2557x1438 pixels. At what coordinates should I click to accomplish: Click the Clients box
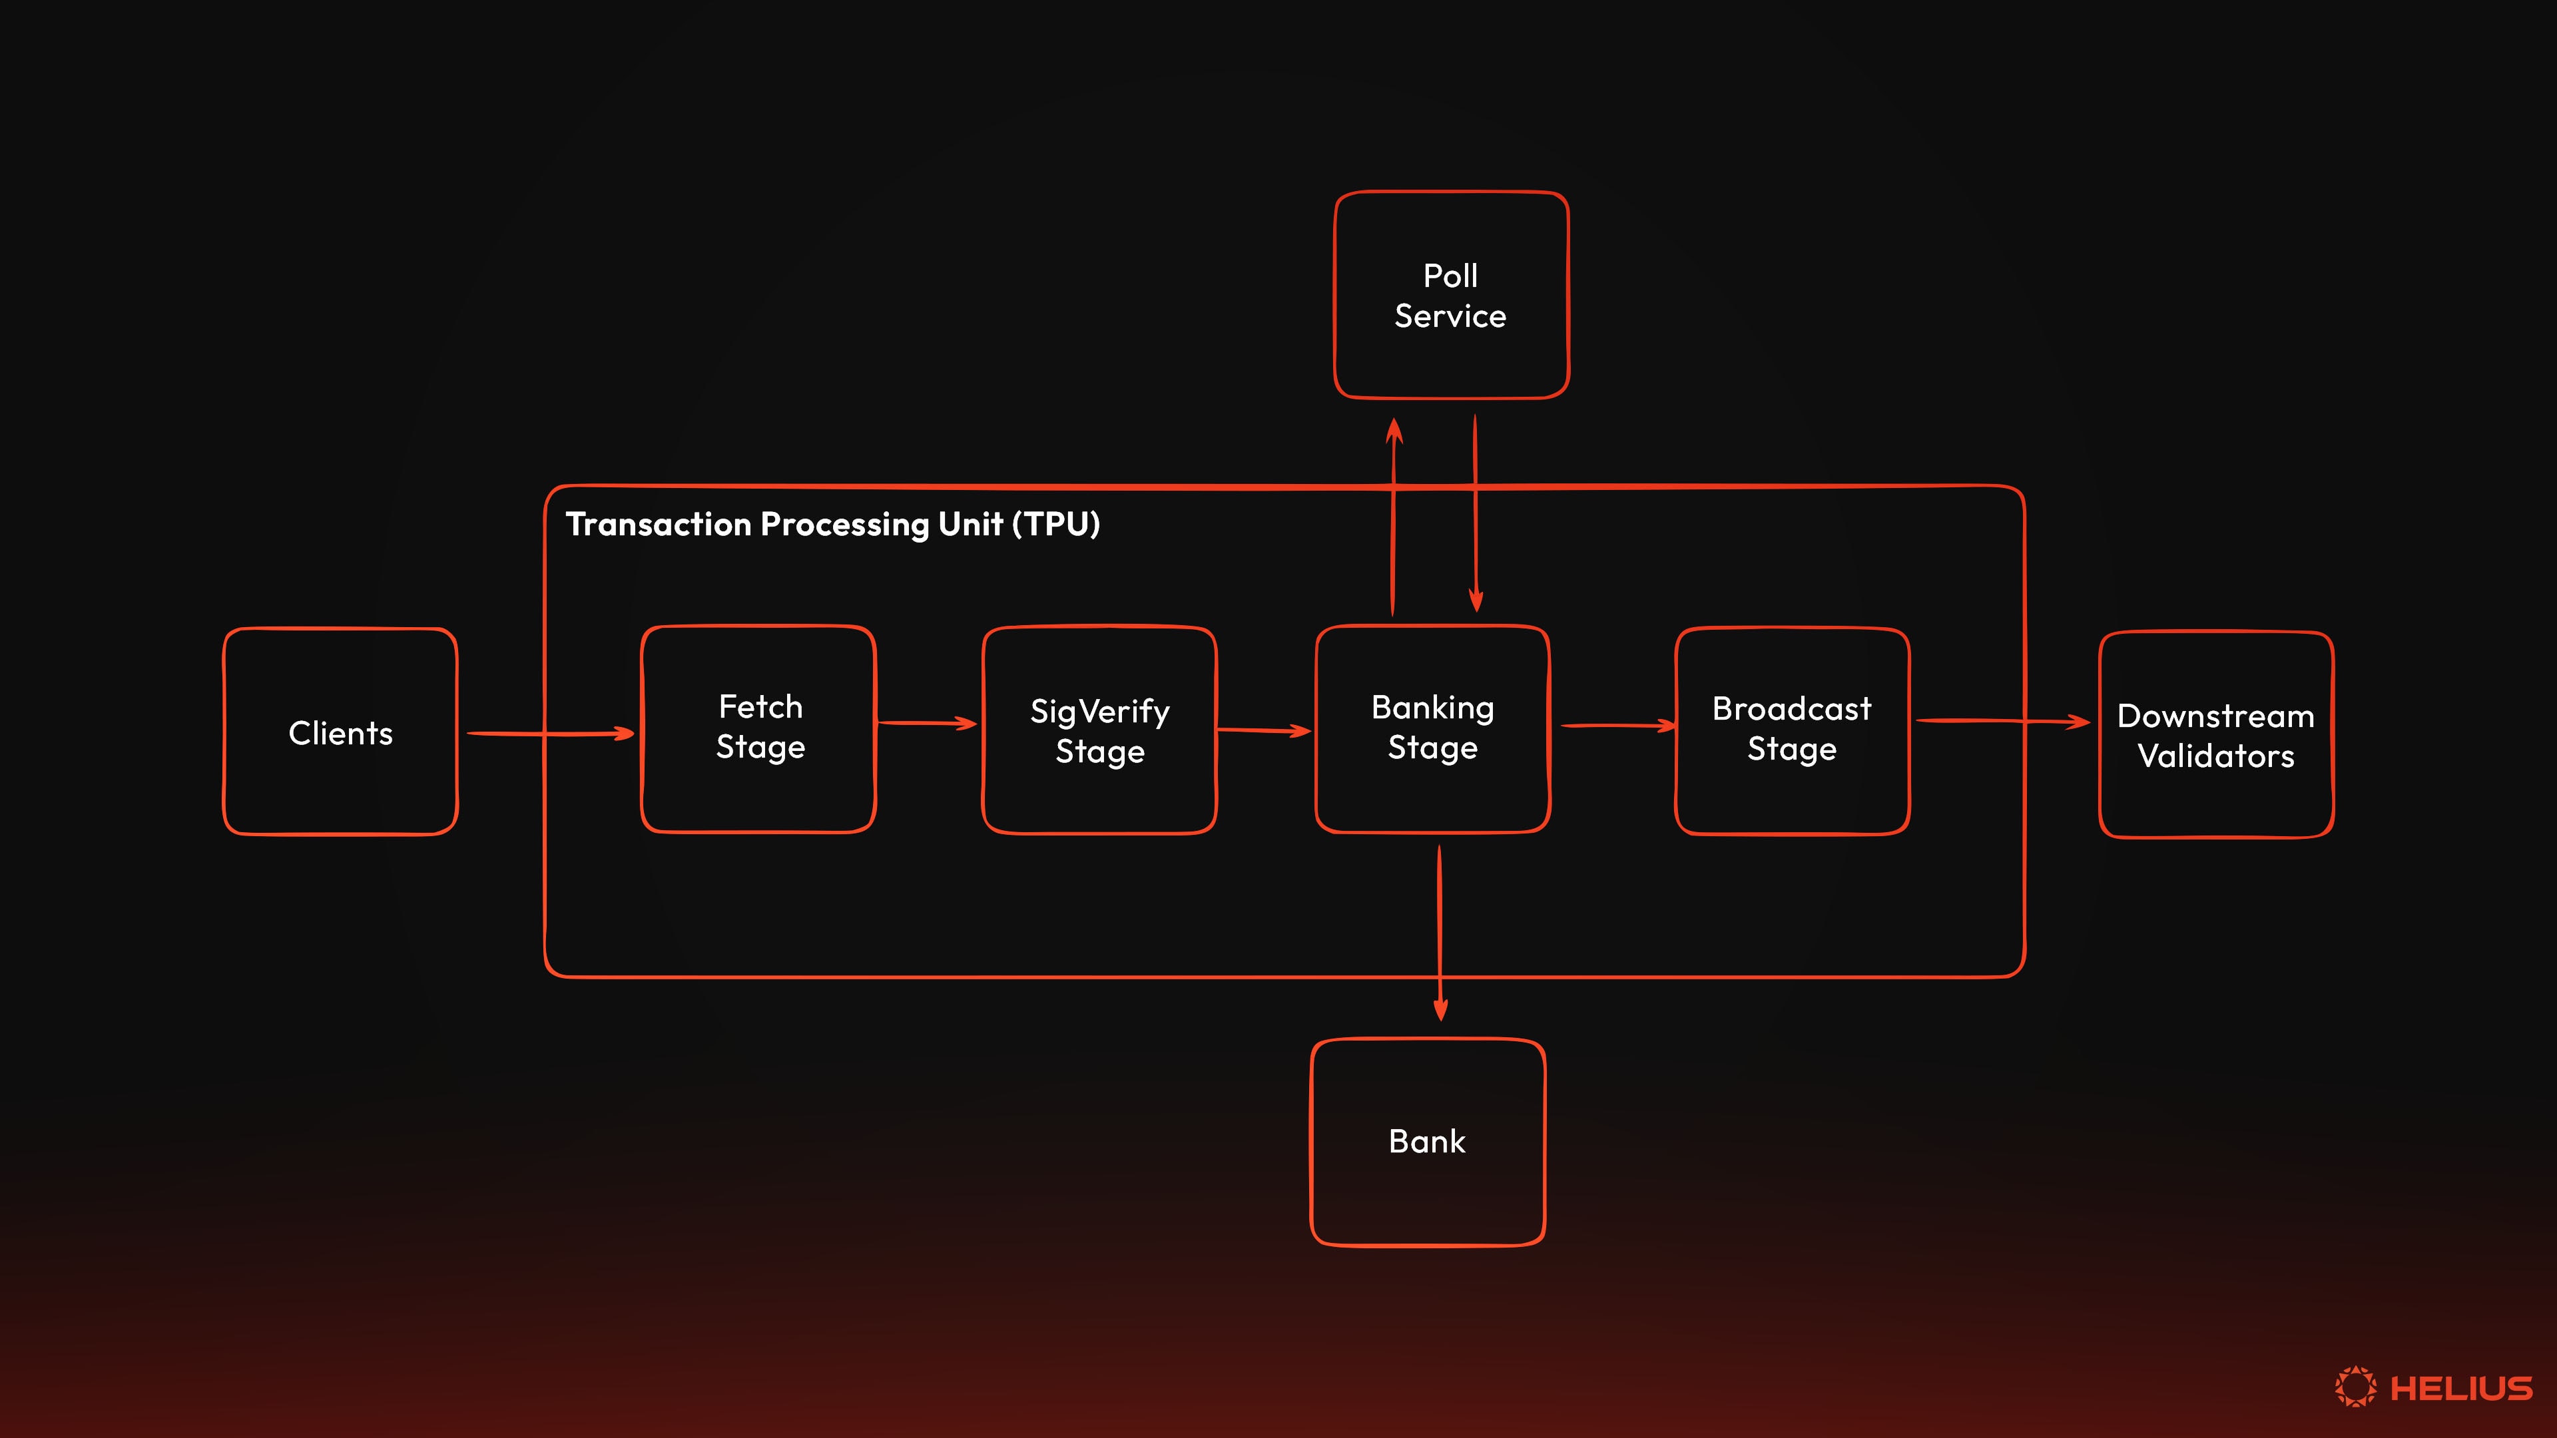pos(340,732)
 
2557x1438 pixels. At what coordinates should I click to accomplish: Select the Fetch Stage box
pos(758,728)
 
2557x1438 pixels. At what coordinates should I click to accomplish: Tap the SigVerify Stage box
pos(1099,730)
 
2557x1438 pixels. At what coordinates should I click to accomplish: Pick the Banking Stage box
pos(1432,728)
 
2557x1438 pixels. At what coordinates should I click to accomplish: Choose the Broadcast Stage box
pos(1792,730)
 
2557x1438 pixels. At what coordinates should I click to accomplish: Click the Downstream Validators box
pos(2215,734)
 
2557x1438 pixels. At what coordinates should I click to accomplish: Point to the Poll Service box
pos(1450,295)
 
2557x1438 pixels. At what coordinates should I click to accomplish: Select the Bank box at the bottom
pos(1428,1141)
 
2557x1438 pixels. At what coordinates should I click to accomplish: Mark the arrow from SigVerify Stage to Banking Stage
pos(1263,730)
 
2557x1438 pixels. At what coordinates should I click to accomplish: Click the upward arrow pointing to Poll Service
pos(1394,516)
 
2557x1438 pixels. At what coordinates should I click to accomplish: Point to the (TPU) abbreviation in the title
pos(1056,524)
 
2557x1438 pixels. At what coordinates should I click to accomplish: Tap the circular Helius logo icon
pos(2355,1386)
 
